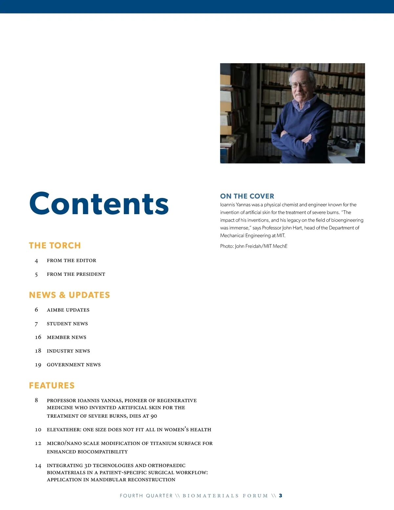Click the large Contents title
pyautogui.click(x=99, y=204)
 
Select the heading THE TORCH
pyautogui.click(x=55, y=246)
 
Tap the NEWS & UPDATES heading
pyautogui.click(x=69, y=295)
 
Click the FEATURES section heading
pyautogui.click(x=52, y=386)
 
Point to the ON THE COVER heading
pyautogui.click(x=247, y=196)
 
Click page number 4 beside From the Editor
pyautogui.click(x=36, y=261)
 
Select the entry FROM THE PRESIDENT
pyautogui.click(x=76, y=274)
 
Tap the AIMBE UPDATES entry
pyautogui.click(x=68, y=310)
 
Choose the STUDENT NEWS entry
pyautogui.click(x=67, y=324)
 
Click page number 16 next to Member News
pyautogui.click(x=38, y=337)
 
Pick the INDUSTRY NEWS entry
pyautogui.click(x=68, y=351)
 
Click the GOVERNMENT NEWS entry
pyautogui.click(x=74, y=365)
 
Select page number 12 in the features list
pyautogui.click(x=38, y=443)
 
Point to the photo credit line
pyautogui.click(x=253, y=246)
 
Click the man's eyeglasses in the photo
pyautogui.click(x=299, y=84)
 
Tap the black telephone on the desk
pyautogui.click(x=341, y=143)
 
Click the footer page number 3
pyautogui.click(x=280, y=496)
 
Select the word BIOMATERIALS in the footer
pyautogui.click(x=210, y=496)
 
